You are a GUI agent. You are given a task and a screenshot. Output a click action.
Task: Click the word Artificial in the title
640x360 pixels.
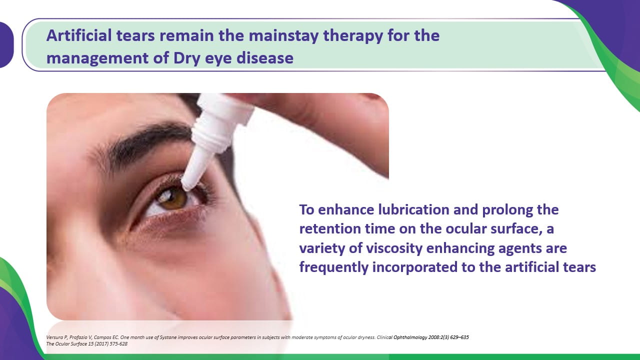(x=79, y=35)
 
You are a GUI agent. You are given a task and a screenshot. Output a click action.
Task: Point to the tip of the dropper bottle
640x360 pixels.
(x=186, y=188)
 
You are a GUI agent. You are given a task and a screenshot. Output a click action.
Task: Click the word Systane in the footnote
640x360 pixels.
(x=168, y=337)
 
